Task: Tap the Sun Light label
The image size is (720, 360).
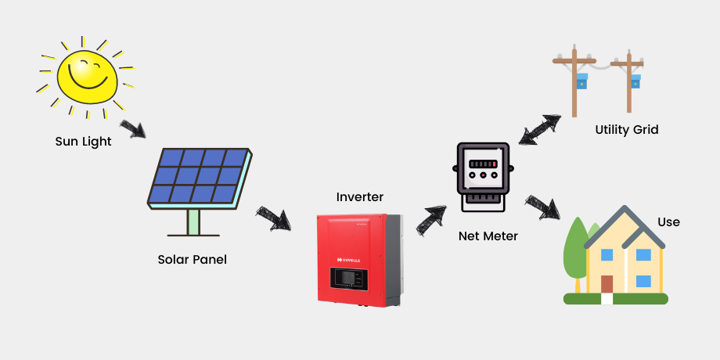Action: [83, 142]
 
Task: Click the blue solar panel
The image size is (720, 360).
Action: [200, 177]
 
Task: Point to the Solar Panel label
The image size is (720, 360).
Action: [192, 259]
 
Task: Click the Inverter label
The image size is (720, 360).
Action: [359, 196]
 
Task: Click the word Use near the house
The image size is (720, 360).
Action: [668, 222]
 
